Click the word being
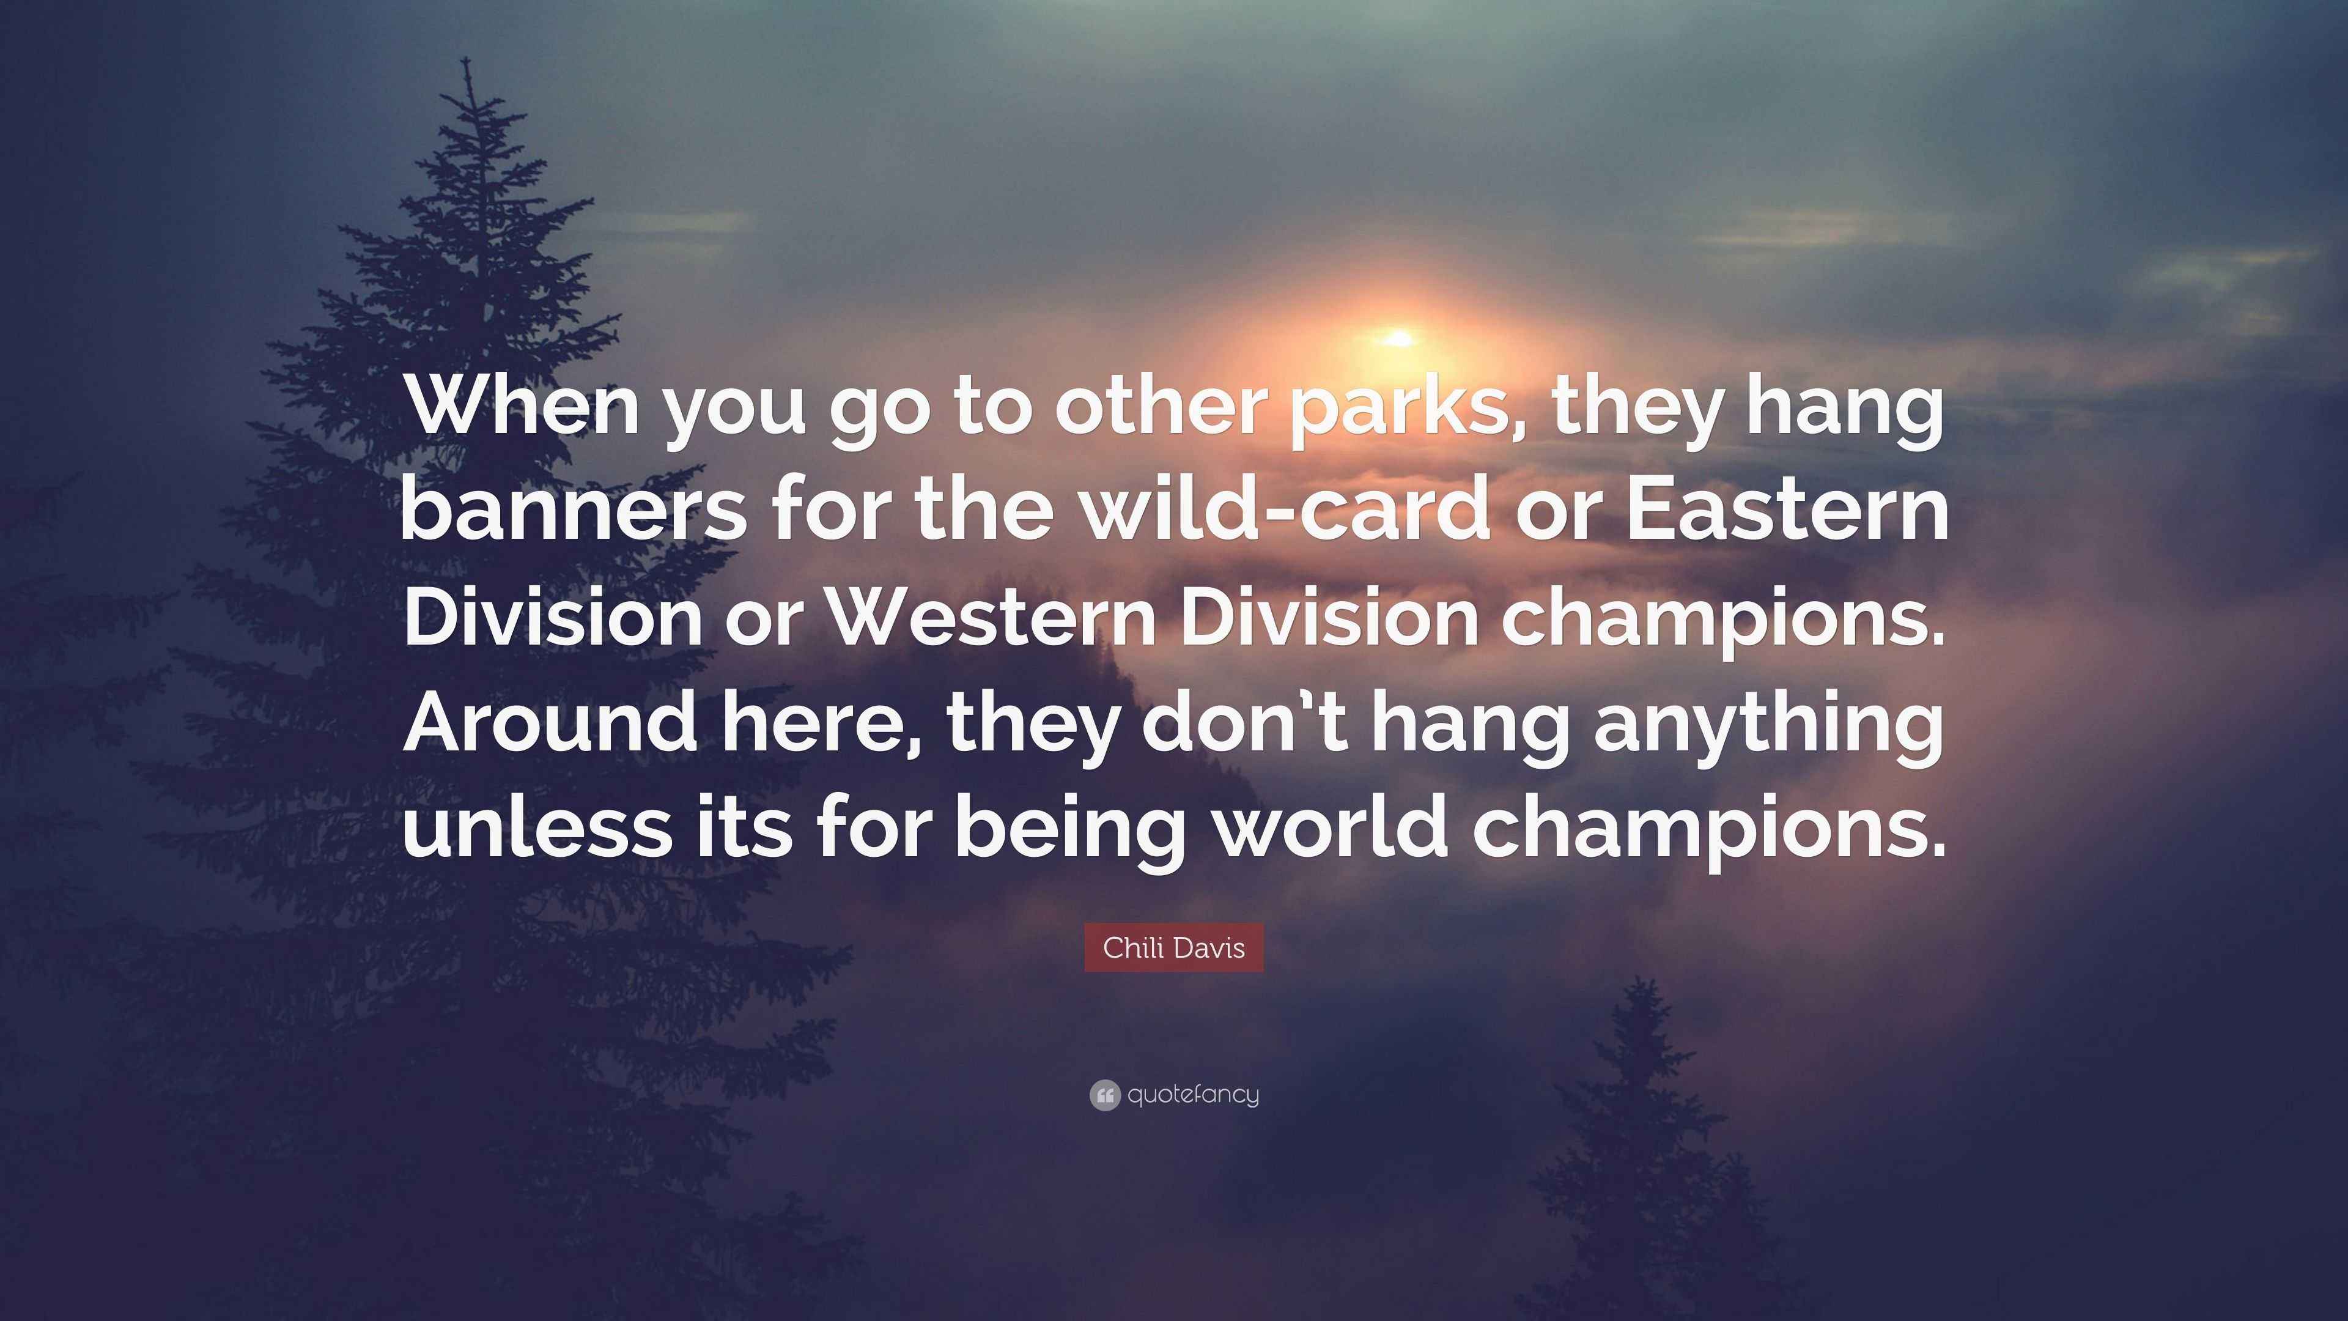click(1069, 832)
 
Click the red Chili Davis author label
click(1173, 948)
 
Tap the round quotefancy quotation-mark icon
click(1104, 1095)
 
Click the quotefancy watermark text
click(1193, 1095)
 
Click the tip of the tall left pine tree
click(467, 59)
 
